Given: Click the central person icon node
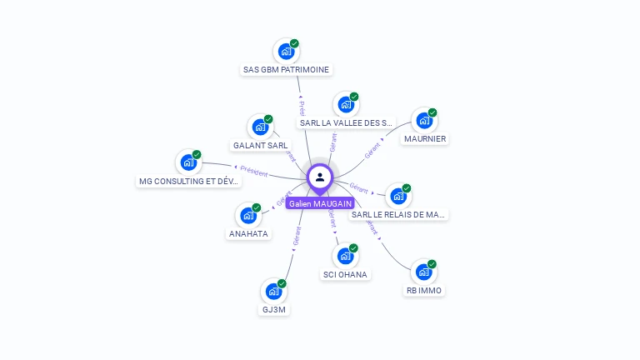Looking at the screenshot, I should pyautogui.click(x=320, y=177).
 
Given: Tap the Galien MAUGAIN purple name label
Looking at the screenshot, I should pyautogui.click(x=320, y=203).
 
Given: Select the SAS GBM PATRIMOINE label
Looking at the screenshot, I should pyautogui.click(x=286, y=70).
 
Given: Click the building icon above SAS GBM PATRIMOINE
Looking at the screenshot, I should pyautogui.click(x=286, y=52).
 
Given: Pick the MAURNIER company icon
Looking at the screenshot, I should pyautogui.click(x=424, y=121).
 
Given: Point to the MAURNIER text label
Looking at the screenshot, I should pyautogui.click(x=425, y=138).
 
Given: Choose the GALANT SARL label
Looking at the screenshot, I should pyautogui.click(x=261, y=145).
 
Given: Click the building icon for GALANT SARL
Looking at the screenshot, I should pyautogui.click(x=260, y=127).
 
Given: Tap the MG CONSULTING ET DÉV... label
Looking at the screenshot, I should pyautogui.click(x=189, y=181).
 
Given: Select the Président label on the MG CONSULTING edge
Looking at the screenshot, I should pyautogui.click(x=253, y=172).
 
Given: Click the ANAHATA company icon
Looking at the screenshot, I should pyautogui.click(x=248, y=216).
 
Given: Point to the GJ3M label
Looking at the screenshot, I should pyautogui.click(x=274, y=309).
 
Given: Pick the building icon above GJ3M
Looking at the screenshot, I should pyautogui.click(x=273, y=292).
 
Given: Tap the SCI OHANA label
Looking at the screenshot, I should pyautogui.click(x=345, y=274).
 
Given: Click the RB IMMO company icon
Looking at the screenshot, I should pyautogui.click(x=424, y=272).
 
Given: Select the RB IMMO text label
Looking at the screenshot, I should pyautogui.click(x=424, y=291).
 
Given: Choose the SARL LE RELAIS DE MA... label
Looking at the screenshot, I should pyautogui.click(x=398, y=214).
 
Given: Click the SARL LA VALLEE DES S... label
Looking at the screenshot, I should pyautogui.click(x=345, y=122).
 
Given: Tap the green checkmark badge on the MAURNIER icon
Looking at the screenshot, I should pyautogui.click(x=432, y=112).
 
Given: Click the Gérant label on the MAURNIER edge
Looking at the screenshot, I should pyautogui.click(x=372, y=149).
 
